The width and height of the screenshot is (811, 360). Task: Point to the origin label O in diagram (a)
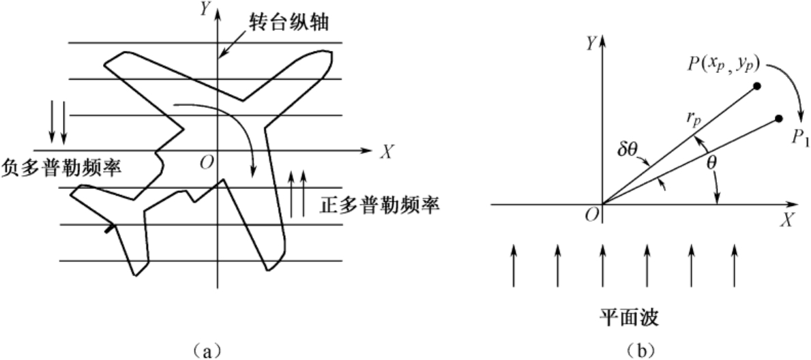[203, 162]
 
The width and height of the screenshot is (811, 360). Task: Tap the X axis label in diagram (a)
[386, 152]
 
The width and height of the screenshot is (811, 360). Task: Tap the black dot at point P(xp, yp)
[756, 86]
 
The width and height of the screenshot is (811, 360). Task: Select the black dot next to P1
[778, 119]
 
